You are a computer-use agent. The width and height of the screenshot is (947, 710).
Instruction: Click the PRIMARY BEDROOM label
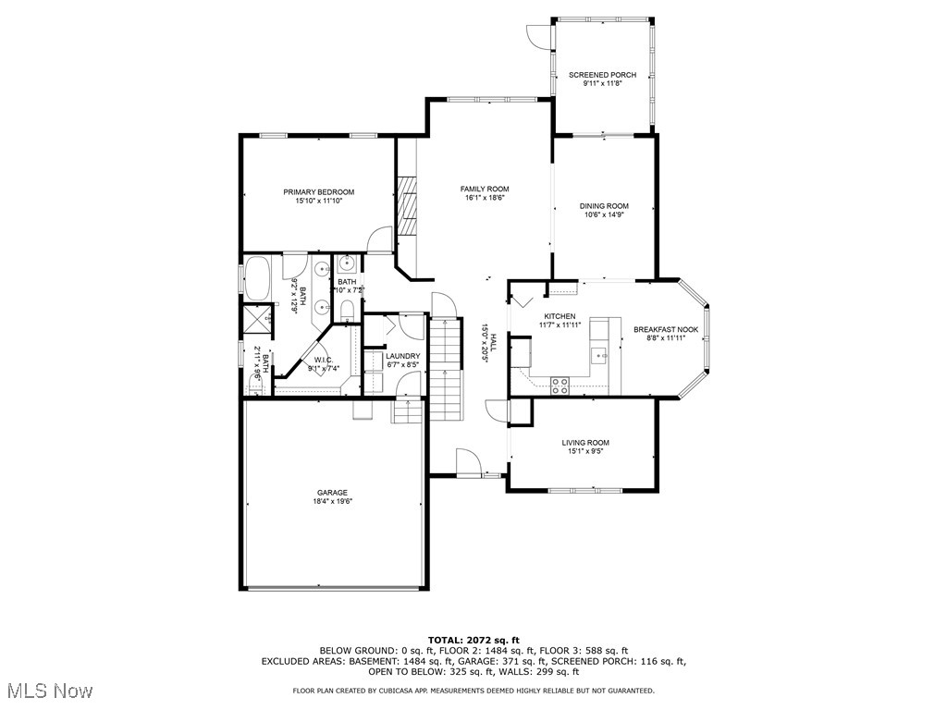318,192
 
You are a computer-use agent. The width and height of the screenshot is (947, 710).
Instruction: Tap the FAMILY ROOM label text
485,190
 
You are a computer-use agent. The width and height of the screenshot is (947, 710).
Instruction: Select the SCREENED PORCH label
602,75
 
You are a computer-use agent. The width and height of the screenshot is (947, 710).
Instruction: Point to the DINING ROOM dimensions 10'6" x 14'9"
604,215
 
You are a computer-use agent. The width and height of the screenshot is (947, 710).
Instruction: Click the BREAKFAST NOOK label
665,329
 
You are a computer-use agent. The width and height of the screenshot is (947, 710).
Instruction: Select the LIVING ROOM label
585,443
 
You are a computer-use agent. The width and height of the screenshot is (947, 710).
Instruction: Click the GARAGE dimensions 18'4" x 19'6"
332,501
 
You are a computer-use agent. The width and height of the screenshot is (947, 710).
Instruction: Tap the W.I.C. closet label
324,361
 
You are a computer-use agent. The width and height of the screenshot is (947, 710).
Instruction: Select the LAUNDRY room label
402,356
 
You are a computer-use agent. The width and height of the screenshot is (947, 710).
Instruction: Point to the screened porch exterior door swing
538,35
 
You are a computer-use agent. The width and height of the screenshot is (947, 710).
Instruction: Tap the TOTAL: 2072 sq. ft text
473,640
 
